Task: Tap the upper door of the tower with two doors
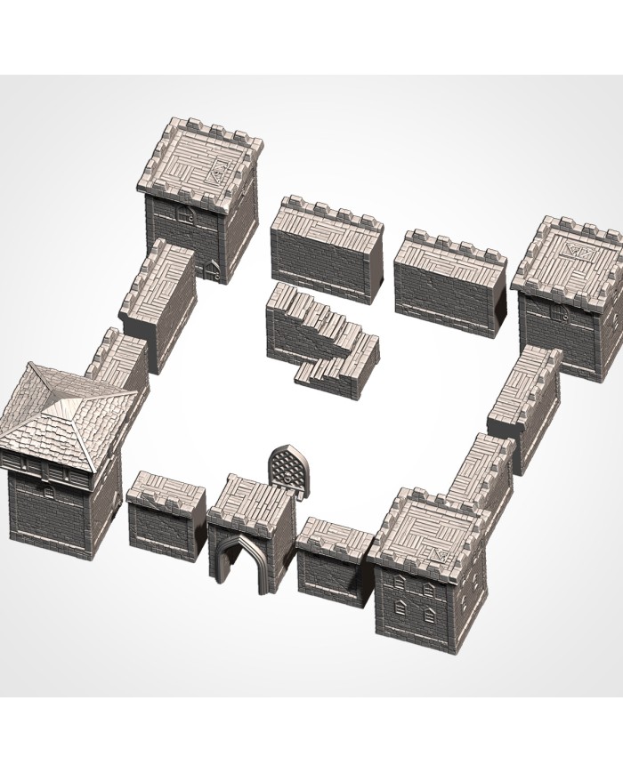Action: (x=188, y=215)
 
